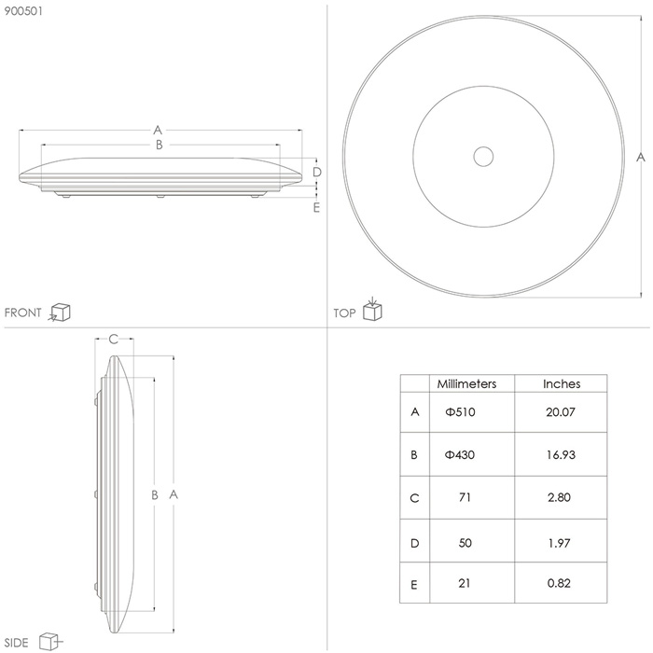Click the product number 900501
point(23,11)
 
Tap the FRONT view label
point(23,313)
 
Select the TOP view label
point(344,313)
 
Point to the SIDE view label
point(16,643)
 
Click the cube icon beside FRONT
point(60,313)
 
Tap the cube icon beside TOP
point(372,309)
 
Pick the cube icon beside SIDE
point(50,642)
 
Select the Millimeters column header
point(466,383)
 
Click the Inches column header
point(562,383)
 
